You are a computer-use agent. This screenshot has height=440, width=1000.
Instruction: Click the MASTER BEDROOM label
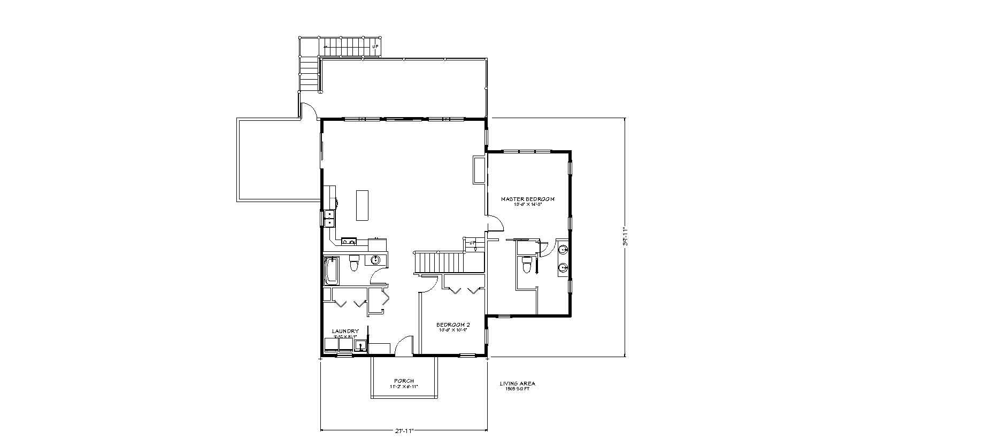point(527,199)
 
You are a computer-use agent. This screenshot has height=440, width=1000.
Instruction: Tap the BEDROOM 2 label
point(452,325)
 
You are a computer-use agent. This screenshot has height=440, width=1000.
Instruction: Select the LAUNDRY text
point(345,331)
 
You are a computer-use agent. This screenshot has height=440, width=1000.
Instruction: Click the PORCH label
point(404,381)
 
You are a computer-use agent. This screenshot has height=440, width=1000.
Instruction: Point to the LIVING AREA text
point(517,383)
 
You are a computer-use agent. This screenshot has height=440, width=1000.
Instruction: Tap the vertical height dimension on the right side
point(625,237)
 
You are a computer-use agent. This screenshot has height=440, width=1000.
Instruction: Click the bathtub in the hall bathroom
point(332,271)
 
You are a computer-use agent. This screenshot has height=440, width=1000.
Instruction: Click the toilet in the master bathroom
point(526,264)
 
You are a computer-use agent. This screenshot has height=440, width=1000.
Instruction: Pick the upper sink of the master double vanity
point(563,249)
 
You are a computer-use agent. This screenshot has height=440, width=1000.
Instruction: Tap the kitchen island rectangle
point(364,205)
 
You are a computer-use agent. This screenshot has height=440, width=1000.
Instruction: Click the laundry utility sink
point(361,345)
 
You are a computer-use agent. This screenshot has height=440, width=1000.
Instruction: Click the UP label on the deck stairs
point(375,47)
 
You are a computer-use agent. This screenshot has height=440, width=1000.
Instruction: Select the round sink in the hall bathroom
point(376,260)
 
